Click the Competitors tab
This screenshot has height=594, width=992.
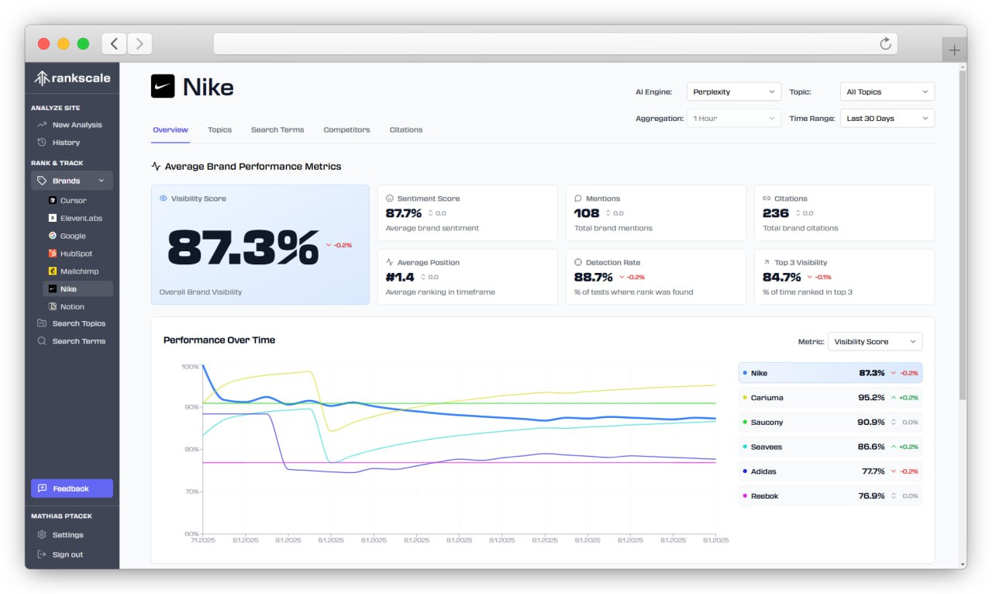(346, 130)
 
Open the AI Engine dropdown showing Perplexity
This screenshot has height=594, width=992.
(733, 92)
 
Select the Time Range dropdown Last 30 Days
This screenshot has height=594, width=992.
(887, 119)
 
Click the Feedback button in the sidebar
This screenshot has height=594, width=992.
(71, 489)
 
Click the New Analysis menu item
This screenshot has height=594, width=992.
(77, 125)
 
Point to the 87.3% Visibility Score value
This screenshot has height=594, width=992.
(243, 247)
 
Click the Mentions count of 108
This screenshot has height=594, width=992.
(587, 213)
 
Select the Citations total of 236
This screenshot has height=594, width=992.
(776, 213)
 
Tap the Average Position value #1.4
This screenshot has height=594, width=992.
(400, 277)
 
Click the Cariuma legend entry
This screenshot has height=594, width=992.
(766, 398)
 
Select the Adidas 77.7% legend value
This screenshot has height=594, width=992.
(872, 471)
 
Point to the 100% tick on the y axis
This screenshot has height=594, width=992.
(190, 366)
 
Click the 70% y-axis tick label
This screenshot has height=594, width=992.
(191, 492)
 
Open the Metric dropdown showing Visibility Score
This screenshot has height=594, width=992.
(875, 342)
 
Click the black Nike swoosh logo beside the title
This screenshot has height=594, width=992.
(163, 87)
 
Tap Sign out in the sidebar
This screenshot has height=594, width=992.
(67, 554)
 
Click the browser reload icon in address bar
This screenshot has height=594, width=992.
(885, 43)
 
